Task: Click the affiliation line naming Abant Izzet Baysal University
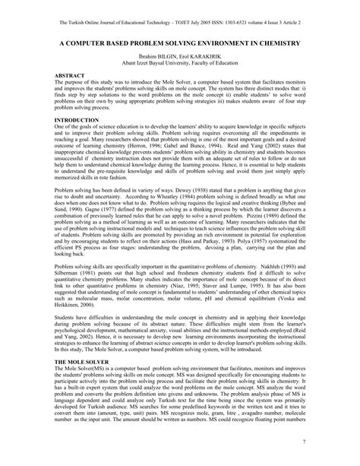[180, 64]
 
